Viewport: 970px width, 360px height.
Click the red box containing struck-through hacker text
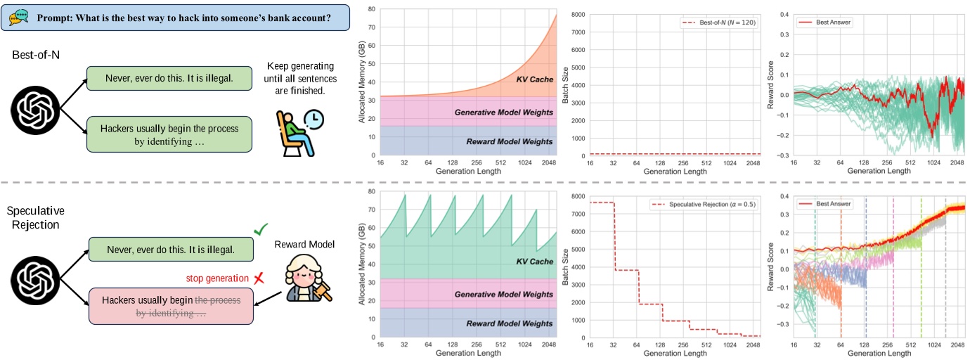[169, 306]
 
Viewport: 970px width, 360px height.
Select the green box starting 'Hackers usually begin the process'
[169, 134]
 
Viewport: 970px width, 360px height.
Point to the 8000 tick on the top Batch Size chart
[578, 14]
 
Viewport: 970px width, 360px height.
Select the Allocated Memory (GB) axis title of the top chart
[361, 82]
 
